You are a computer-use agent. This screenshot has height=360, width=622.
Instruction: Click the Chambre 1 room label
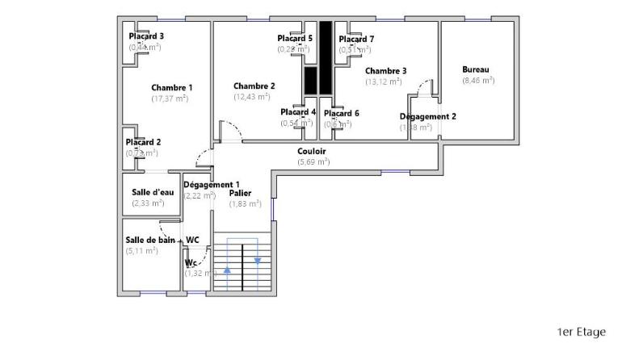pos(171,87)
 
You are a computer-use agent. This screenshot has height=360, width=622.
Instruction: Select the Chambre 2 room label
pos(254,86)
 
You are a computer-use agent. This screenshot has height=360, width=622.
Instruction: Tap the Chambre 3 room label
pos(385,70)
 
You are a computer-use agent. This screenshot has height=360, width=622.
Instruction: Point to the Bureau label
pos(476,69)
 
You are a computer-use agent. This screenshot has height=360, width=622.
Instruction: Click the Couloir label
pos(312,151)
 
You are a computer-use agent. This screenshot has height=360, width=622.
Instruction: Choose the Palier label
pos(240,193)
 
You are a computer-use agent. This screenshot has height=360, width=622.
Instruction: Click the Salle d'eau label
pos(153,192)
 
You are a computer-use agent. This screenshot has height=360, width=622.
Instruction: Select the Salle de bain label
pos(150,240)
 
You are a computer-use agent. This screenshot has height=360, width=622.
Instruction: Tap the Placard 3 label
pos(146,36)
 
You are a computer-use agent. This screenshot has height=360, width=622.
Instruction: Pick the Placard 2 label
pos(143,142)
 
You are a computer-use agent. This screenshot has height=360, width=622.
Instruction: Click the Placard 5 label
pos(295,38)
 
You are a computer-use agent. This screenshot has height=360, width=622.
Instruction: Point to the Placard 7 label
pos(356,39)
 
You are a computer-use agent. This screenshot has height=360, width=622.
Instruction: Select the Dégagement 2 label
pos(427,116)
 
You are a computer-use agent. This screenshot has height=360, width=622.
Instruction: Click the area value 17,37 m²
pos(170,98)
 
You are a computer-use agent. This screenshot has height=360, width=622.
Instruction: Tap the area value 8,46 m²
pos(478,80)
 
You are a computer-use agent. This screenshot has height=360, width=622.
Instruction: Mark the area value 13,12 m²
pos(384,82)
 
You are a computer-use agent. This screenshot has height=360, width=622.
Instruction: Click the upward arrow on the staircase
pos(227,270)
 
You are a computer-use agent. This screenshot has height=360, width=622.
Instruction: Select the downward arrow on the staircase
pos(258,260)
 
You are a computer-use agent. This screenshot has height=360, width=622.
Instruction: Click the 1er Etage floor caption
pos(581,332)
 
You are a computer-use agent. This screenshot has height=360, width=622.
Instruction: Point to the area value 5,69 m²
pos(313,161)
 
